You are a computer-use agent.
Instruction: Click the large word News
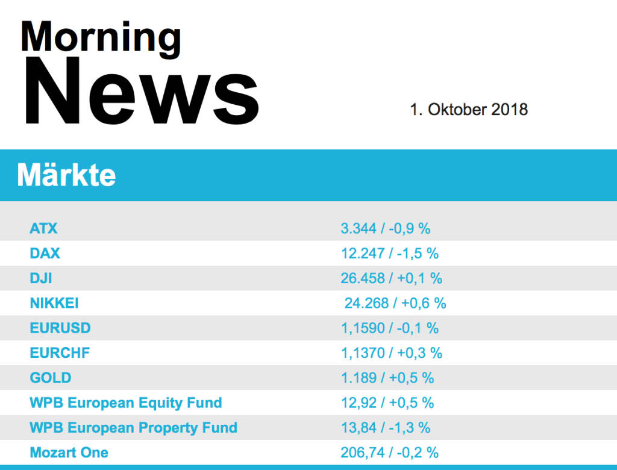(141, 91)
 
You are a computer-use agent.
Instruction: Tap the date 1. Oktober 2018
(469, 110)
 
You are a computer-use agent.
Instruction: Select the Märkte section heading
(67, 175)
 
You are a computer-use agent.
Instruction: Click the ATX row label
(43, 228)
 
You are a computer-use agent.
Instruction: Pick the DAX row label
(45, 253)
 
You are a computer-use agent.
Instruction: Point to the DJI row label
(41, 278)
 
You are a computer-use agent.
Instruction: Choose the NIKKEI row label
(54, 303)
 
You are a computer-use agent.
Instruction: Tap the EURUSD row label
(60, 328)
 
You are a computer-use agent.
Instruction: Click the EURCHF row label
(60, 353)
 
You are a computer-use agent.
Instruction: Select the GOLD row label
(51, 378)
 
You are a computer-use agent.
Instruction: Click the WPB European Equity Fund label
(126, 403)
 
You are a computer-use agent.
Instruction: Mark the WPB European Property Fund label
(133, 428)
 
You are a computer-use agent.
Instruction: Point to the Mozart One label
(69, 453)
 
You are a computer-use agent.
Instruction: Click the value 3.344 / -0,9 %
(386, 228)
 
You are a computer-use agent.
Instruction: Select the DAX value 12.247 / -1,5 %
(390, 253)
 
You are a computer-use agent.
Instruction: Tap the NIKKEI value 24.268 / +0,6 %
(395, 303)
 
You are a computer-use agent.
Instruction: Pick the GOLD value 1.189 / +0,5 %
(387, 378)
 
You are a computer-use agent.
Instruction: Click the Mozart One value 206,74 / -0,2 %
(390, 453)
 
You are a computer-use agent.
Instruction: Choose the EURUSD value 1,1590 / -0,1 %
(390, 328)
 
